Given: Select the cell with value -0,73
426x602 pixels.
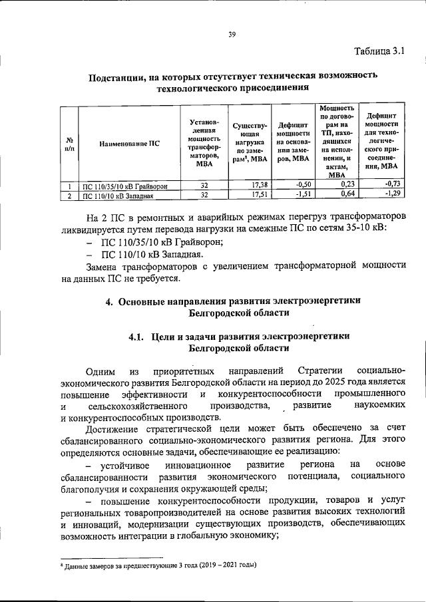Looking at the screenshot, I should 393,184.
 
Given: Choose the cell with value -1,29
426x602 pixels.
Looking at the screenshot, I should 393,194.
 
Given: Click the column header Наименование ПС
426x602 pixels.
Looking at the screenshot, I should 129,143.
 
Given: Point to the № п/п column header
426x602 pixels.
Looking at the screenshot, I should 69,143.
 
